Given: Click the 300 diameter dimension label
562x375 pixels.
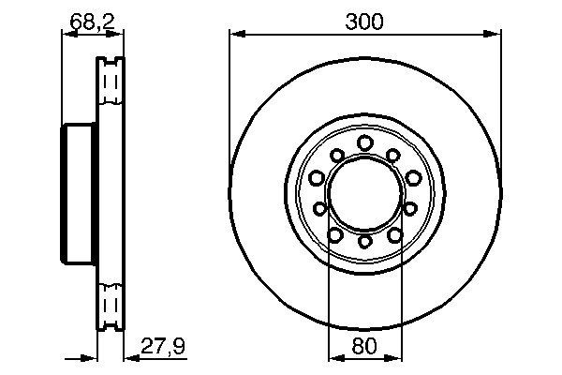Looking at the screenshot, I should [364, 20].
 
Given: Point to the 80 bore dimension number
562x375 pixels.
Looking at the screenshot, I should [364, 344].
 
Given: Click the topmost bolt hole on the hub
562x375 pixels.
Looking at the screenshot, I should [364, 142].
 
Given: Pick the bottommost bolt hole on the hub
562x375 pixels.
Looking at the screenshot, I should [364, 242].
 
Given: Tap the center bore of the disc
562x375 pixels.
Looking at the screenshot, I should [364, 192].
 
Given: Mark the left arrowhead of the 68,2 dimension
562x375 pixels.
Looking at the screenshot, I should [67, 35].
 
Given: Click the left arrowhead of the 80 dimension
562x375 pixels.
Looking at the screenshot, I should [333, 357].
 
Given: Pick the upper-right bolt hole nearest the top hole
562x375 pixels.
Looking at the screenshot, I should [393, 154].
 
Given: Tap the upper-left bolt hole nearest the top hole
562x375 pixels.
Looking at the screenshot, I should [335, 154].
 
